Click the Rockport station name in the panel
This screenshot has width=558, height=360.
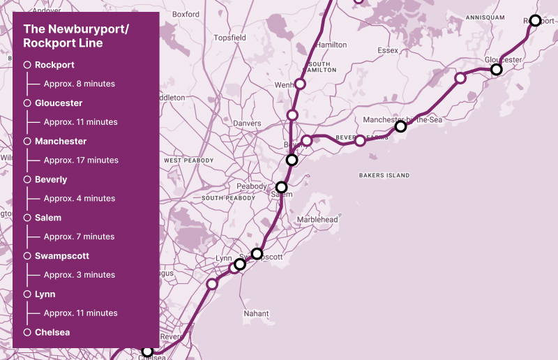(x=54, y=65)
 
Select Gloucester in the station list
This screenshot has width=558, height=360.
(x=59, y=103)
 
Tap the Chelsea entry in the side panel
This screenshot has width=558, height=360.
(x=52, y=333)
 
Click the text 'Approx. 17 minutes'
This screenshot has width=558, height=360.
(x=81, y=160)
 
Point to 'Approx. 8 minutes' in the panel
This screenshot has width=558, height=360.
(x=79, y=84)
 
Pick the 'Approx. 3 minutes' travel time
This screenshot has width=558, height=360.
(x=79, y=275)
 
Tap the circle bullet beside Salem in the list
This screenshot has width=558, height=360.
(x=27, y=218)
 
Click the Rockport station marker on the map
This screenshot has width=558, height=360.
(x=535, y=21)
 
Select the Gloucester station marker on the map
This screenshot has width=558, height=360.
(x=497, y=70)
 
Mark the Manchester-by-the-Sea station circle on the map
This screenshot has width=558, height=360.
(x=400, y=126)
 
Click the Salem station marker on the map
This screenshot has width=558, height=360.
(x=281, y=187)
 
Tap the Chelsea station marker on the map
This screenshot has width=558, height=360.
(x=147, y=351)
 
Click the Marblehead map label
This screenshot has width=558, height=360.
(x=317, y=220)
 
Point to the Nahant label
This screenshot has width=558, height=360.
(x=256, y=314)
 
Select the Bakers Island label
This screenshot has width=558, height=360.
(x=384, y=175)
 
